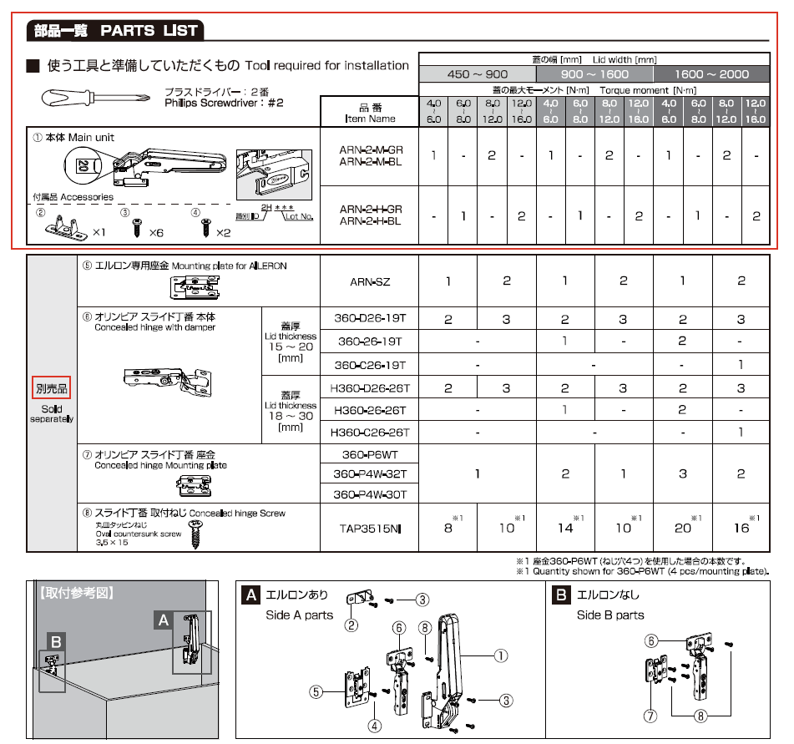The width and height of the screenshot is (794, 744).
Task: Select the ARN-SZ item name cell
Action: click(369, 281)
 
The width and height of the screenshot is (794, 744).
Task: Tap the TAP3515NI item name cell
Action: click(369, 528)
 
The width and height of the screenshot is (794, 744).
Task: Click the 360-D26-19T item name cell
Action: click(369, 319)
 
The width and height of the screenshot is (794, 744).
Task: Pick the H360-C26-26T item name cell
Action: click(369, 433)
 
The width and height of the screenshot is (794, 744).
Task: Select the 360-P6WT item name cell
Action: click(369, 455)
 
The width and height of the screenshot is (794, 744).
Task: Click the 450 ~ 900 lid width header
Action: click(477, 73)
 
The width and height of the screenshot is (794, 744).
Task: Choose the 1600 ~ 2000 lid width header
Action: click(711, 73)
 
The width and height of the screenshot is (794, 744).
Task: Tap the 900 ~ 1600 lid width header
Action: click(594, 73)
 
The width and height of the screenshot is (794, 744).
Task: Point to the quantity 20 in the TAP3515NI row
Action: click(682, 528)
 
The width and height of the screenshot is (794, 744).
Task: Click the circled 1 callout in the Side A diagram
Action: click(500, 656)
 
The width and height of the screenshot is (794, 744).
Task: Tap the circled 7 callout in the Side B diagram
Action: click(650, 715)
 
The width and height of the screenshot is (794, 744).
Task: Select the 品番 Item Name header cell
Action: click(369, 113)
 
